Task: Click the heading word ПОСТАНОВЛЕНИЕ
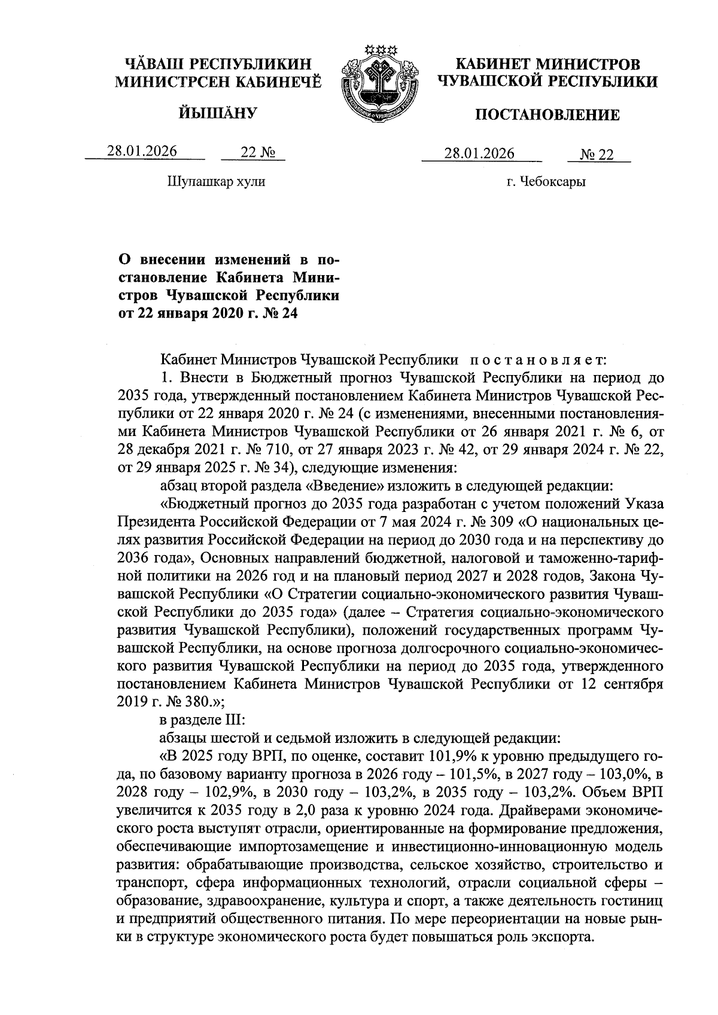pyautogui.click(x=547, y=115)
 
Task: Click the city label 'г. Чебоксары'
pyautogui.click(x=546, y=181)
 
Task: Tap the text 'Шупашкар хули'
pyautogui.click(x=216, y=181)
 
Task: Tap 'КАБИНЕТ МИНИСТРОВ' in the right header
pyautogui.click(x=547, y=64)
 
